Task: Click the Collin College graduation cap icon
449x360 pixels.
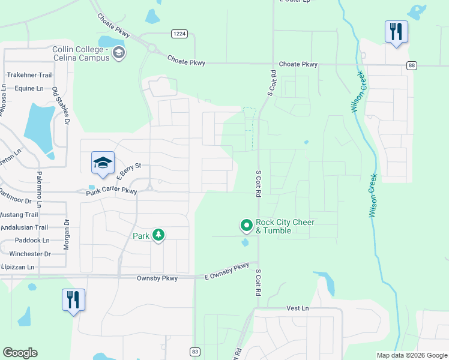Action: [119, 53]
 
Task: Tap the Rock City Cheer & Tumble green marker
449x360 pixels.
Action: [246, 226]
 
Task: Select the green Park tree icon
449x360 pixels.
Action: [158, 235]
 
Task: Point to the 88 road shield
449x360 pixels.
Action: [411, 65]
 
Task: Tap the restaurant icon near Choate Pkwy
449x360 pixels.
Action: [396, 31]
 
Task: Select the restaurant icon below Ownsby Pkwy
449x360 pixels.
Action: [73, 299]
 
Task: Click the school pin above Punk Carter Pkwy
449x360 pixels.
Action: [103, 163]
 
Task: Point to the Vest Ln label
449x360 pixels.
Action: [297, 308]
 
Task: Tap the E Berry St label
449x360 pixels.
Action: [128, 170]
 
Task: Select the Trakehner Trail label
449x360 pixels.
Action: [29, 75]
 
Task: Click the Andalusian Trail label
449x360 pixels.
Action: [24, 227]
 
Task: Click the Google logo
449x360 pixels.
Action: [20, 353]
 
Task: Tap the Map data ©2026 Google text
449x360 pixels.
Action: [411, 355]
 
